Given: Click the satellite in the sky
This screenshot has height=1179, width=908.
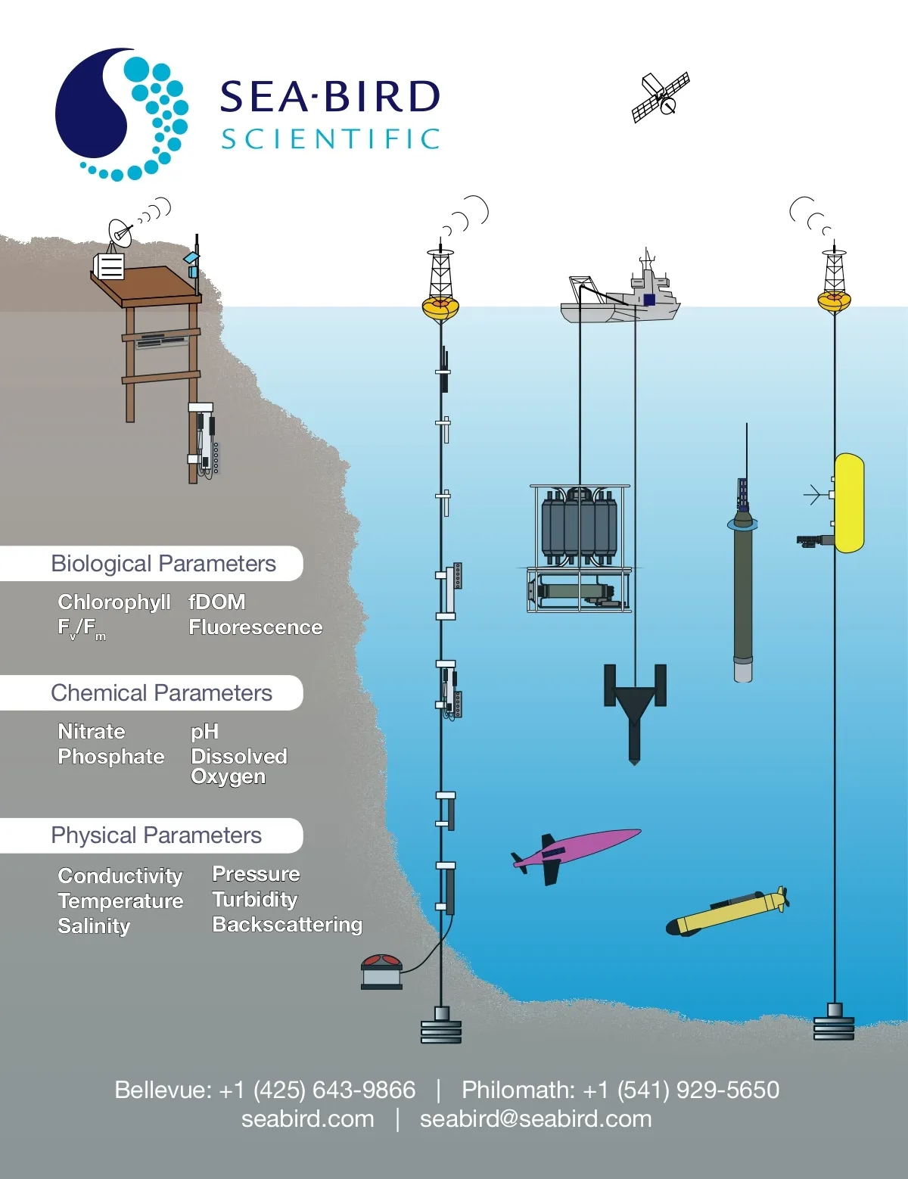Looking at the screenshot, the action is (x=661, y=98).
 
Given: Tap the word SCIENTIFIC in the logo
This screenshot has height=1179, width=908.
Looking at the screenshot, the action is (x=331, y=139).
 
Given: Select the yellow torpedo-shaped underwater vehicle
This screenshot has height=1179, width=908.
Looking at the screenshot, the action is (x=727, y=912).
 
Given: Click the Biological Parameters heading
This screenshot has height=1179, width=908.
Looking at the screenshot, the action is (x=163, y=563).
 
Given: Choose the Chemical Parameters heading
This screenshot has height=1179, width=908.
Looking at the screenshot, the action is (x=161, y=692).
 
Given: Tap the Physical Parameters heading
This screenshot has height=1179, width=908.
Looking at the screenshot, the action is (x=156, y=835).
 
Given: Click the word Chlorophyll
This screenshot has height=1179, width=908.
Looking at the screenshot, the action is (x=114, y=602).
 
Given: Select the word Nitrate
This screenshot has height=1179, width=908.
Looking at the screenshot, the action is (x=91, y=731).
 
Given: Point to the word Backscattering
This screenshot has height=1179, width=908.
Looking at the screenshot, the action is (x=287, y=925).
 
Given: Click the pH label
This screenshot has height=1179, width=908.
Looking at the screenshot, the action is (x=204, y=733).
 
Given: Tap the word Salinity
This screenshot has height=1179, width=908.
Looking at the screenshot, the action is (x=94, y=926).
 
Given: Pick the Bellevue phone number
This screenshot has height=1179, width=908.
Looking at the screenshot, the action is (x=265, y=1090).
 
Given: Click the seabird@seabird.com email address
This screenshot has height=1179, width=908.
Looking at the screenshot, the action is (x=536, y=1118).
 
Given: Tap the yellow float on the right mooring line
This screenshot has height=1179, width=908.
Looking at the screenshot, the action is (x=849, y=503).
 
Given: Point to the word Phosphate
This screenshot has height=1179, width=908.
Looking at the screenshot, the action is (x=110, y=756).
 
